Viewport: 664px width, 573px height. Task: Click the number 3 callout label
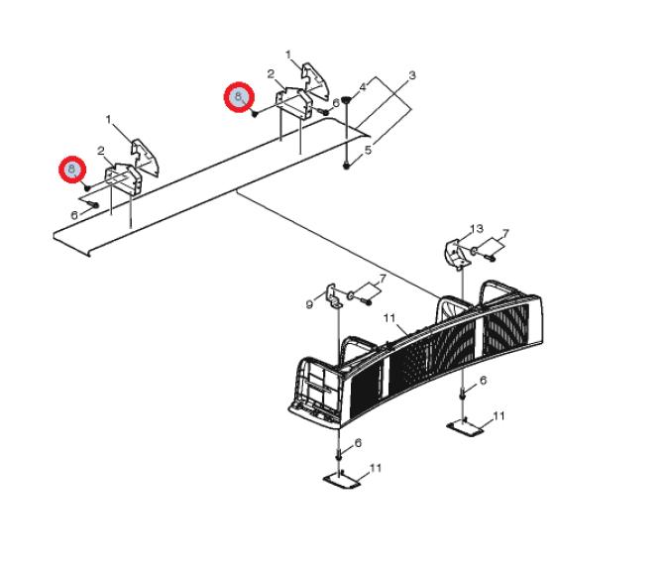pos(411,75)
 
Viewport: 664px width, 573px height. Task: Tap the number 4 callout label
pos(363,87)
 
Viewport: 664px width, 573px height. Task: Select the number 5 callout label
pos(368,150)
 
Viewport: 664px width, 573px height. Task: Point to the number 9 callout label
pos(309,304)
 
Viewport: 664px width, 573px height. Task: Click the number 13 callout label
pos(477,229)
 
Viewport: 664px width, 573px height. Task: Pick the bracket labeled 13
pos(456,254)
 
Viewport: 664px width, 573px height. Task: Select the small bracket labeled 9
pos(334,295)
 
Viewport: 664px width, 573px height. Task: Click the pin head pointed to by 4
pos(347,100)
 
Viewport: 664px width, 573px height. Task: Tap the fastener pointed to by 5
pos(347,166)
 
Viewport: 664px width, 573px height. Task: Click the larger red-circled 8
pos(239,97)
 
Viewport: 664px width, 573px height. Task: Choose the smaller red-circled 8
pos(72,171)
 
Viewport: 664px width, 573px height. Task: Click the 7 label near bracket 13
pos(505,234)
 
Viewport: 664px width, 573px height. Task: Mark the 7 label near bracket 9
pos(383,279)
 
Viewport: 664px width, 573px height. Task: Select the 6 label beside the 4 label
pos(336,103)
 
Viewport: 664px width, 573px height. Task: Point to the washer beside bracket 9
pos(351,295)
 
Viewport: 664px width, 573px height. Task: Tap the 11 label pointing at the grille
pos(389,317)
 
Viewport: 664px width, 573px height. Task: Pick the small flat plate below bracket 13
pos(465,426)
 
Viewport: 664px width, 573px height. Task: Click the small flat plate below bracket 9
pos(342,480)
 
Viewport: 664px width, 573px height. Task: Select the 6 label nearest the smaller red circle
pos(74,215)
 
